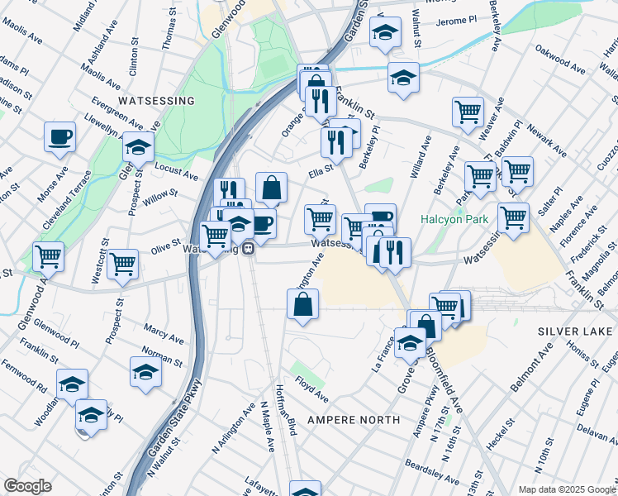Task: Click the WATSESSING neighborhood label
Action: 156,101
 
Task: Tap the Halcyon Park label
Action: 455,220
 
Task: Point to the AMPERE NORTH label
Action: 354,420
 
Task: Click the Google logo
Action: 27,486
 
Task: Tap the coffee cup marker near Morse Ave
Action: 59,137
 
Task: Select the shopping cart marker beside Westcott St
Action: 123,265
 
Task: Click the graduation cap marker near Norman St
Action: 145,372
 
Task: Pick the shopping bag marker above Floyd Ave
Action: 303,304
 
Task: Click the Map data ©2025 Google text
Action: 566,489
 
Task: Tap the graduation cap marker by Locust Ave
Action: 138,148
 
